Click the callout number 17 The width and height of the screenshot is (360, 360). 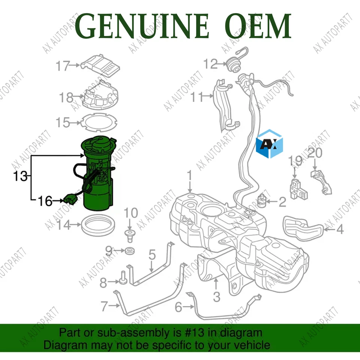[x=63, y=66]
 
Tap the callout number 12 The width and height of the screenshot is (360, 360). [x=211, y=64]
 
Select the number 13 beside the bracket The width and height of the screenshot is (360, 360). [x=20, y=176]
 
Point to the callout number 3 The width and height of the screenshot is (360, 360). [x=216, y=297]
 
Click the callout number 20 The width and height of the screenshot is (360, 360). [x=315, y=153]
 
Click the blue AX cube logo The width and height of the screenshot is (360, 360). [x=269, y=143]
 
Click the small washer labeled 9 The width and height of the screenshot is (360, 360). [x=130, y=250]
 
